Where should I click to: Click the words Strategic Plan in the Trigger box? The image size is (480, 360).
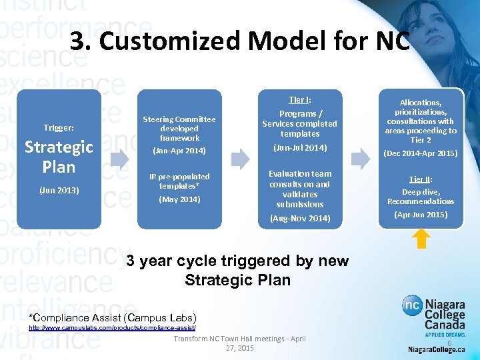pos(59,156)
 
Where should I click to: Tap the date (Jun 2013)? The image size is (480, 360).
pos(59,190)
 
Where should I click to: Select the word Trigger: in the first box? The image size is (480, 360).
pos(59,127)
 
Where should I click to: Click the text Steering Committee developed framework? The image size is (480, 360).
pos(179,128)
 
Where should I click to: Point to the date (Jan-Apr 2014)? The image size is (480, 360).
pos(179,151)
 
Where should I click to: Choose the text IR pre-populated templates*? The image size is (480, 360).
pos(179,181)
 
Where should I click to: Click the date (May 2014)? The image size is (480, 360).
pos(179,199)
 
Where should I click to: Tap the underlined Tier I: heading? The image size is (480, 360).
pos(299,100)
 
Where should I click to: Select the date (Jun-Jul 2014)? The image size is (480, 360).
pos(299,147)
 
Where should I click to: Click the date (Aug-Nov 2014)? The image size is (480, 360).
pos(299,218)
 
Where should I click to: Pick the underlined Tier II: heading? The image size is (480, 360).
pos(420,179)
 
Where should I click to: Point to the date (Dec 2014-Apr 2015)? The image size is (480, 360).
pos(420,153)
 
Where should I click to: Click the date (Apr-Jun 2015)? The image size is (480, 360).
pos(420,215)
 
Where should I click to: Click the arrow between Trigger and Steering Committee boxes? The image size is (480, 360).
pos(120,159)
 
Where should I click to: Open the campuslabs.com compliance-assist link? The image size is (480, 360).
pos(112,328)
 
